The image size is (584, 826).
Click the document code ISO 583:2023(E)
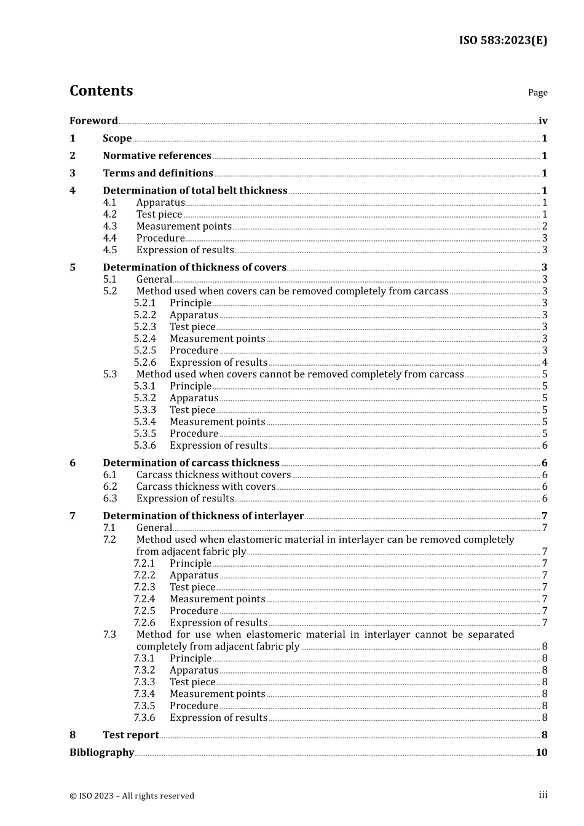[503, 41]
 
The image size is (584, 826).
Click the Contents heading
[101, 91]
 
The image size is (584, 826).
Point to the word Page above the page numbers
[537, 93]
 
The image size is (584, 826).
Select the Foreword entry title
[93, 121]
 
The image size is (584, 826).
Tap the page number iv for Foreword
[543, 121]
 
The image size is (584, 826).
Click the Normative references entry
[157, 156]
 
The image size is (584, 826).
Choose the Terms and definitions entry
[158, 173]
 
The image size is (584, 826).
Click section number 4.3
[110, 226]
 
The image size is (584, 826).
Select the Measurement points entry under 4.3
[184, 226]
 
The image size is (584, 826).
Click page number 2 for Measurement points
[545, 226]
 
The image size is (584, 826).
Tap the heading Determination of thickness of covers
[194, 267]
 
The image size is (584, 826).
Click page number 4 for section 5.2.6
[545, 363]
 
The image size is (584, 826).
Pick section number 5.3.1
[145, 386]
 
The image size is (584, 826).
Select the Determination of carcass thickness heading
[191, 463]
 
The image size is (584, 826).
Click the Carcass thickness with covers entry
[206, 487]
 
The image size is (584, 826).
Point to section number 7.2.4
[145, 599]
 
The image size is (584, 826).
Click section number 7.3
[110, 634]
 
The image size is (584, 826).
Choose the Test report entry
[131, 735]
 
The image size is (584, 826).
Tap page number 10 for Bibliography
[541, 752]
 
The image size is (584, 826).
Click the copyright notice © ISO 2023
[132, 796]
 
